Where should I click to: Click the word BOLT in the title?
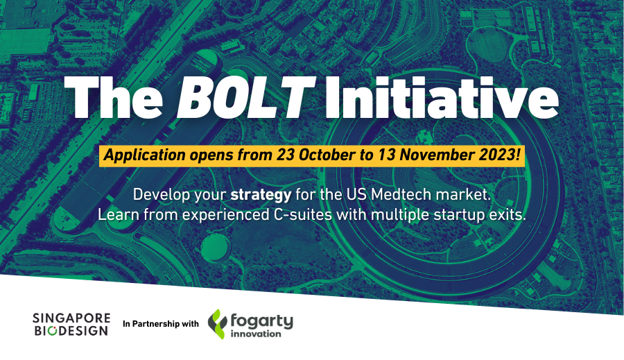246,98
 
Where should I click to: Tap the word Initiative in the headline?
442,98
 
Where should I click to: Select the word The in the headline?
114,98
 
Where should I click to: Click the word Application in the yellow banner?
144,155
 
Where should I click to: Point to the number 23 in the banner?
286,155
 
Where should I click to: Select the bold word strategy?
261,195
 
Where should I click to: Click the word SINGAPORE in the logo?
71,318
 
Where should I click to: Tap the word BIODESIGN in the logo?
71,331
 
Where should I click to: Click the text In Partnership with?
161,324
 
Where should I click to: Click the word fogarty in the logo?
261,321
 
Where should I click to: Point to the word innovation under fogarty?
256,334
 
